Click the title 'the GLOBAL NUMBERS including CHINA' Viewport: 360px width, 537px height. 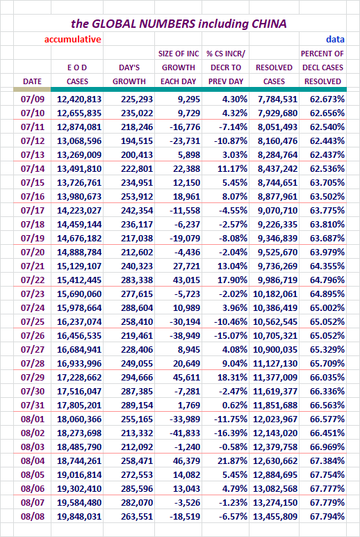[179, 24]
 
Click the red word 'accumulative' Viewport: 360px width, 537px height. [72, 40]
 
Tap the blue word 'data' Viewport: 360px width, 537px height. [335, 40]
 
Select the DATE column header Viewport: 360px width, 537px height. [32, 81]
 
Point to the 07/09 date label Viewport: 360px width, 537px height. [33, 99]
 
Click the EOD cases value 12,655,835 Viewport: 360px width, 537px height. [79, 113]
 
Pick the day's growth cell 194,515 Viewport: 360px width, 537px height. [136, 141]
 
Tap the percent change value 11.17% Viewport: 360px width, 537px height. [232, 168]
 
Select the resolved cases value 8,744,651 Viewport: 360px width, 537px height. [277, 182]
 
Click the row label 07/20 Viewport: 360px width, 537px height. [33, 252]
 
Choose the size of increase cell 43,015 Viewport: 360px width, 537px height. [186, 280]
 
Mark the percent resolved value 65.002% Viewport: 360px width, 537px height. [327, 308]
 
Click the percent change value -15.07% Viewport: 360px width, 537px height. [231, 335]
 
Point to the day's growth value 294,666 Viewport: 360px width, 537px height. [136, 378]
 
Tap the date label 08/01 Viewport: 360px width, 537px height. [33, 419]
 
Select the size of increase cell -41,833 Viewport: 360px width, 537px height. [185, 433]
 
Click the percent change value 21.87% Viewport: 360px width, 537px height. [232, 461]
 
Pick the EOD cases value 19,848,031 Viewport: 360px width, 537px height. [79, 516]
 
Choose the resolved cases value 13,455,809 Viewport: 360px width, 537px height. [275, 516]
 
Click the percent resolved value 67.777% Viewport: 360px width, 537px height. [327, 489]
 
